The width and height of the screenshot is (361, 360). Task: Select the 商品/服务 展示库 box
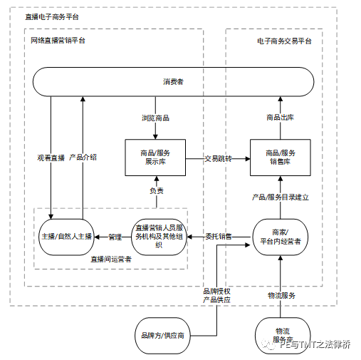click(x=155, y=158)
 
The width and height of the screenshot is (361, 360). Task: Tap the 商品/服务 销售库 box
click(x=281, y=158)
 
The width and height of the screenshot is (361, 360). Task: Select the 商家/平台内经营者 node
click(x=281, y=236)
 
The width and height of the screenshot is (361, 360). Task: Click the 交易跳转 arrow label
click(x=218, y=158)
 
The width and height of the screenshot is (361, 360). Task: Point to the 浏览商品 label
click(x=155, y=117)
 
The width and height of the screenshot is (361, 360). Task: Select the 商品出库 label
click(x=280, y=117)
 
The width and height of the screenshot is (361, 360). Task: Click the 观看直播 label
click(x=51, y=157)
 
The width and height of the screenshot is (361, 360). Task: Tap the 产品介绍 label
click(x=83, y=157)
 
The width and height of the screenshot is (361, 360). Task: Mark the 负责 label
click(x=156, y=190)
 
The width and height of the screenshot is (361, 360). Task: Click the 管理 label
click(x=114, y=236)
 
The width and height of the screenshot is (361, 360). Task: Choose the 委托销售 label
click(x=218, y=236)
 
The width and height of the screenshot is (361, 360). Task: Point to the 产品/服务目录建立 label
click(x=281, y=196)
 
